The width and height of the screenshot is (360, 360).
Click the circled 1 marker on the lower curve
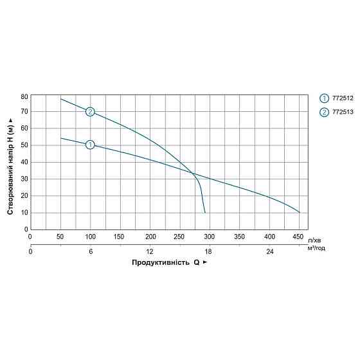(90, 145)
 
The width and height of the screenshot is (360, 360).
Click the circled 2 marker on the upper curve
(90, 112)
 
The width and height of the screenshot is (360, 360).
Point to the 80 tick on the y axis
(24, 97)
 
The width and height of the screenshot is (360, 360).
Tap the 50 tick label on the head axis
(24, 145)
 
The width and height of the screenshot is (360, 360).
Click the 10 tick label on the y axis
(24, 213)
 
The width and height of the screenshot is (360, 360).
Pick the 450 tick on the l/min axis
(298, 237)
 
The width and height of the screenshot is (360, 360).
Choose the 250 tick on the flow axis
(179, 237)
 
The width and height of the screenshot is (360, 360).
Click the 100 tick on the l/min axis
(90, 237)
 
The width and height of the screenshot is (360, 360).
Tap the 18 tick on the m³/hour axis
(208, 251)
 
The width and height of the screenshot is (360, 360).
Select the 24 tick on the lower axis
(270, 251)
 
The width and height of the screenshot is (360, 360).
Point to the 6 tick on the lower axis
(91, 251)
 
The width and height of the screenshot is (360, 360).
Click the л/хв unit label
(314, 240)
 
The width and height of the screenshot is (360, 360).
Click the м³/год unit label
(316, 248)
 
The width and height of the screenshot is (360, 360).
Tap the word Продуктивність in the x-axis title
(161, 262)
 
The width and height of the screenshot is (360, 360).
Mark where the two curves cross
(192, 174)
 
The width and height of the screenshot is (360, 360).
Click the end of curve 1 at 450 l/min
(299, 212)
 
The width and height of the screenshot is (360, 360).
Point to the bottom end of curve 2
(205, 213)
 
